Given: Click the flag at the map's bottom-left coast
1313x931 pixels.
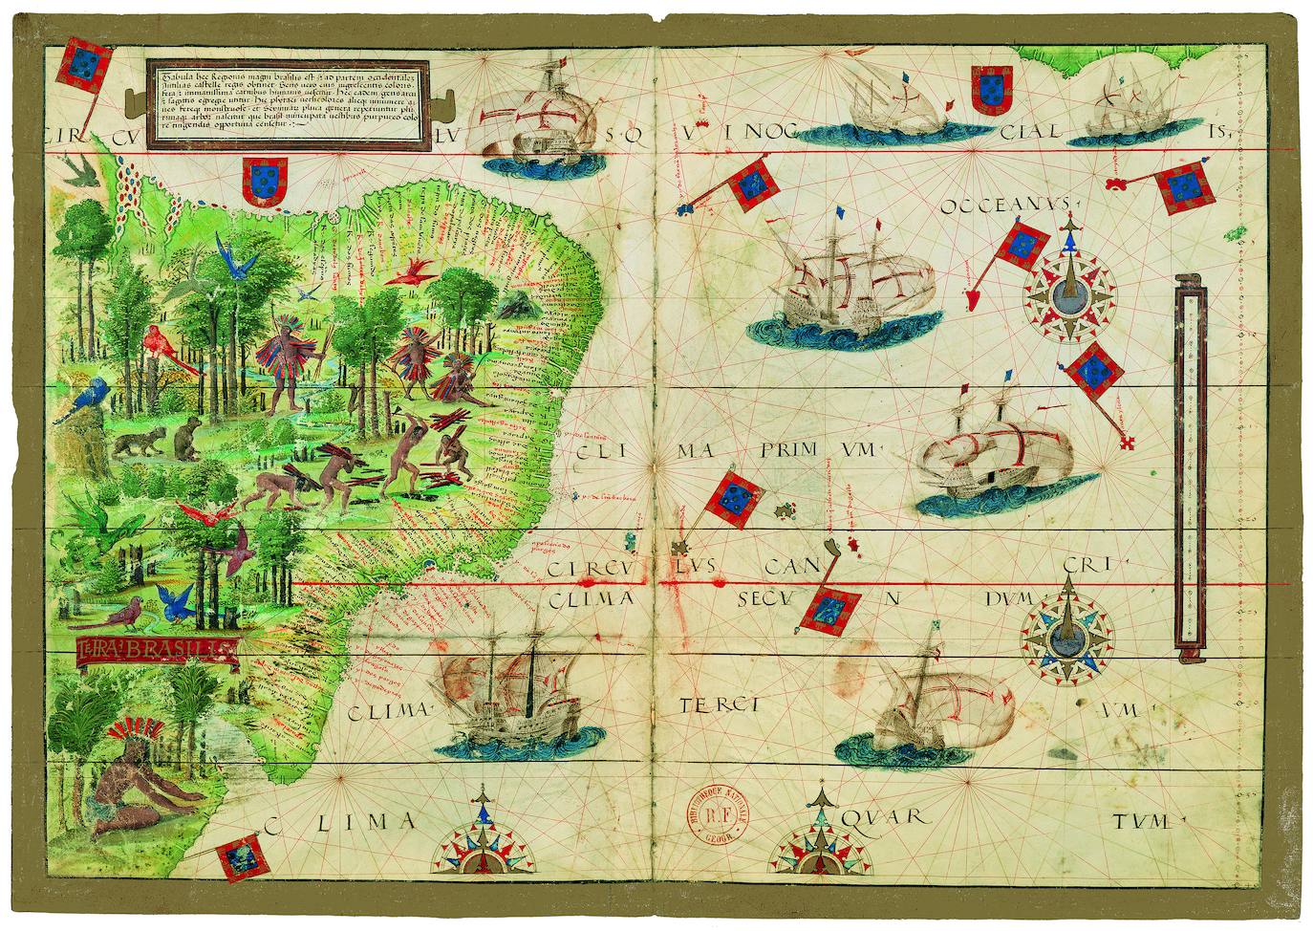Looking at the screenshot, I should pos(237,857).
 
